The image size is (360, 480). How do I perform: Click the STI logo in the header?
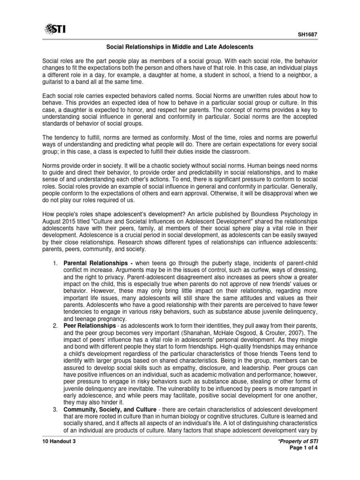click(x=55, y=30)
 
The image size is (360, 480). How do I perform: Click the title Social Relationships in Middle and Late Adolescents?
click(x=180, y=47)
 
